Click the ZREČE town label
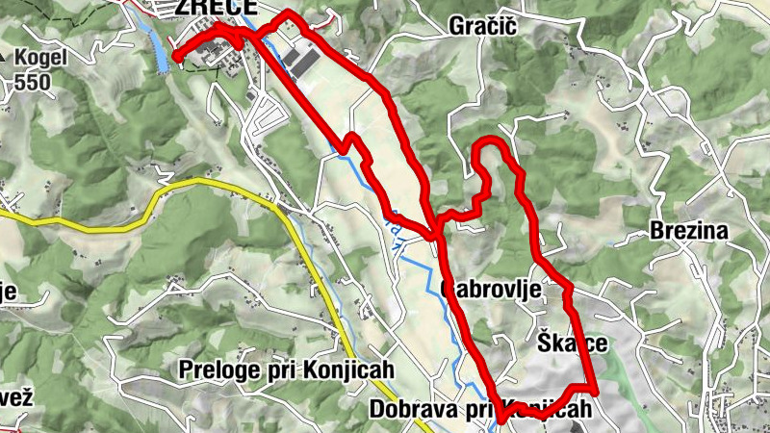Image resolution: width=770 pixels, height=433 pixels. (216, 8)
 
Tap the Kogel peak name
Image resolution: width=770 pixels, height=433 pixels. (40, 57)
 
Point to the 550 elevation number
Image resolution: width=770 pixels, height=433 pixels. (32, 81)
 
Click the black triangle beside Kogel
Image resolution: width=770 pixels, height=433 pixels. (5, 58)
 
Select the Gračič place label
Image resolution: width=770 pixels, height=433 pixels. (483, 27)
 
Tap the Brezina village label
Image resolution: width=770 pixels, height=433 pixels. (688, 231)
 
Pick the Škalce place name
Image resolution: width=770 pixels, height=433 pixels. (573, 344)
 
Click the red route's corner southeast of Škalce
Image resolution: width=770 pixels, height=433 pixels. (594, 391)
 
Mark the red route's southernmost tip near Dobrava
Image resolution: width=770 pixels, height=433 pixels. (501, 420)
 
